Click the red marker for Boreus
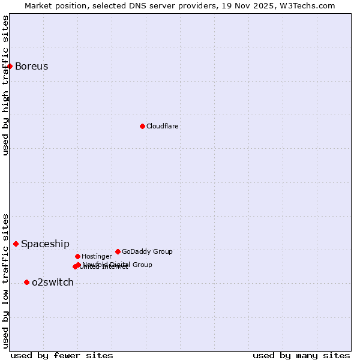(10, 66)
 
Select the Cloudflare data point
(142, 126)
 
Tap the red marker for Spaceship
(16, 244)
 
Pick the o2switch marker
(26, 282)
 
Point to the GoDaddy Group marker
(118, 251)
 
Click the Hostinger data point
(77, 256)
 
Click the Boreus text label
(31, 66)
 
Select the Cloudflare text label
(162, 126)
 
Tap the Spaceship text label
(45, 244)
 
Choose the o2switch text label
(53, 282)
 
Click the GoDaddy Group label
(147, 251)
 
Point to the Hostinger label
(97, 256)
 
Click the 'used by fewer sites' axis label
(62, 355)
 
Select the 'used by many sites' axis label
(301, 355)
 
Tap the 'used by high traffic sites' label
(5, 85)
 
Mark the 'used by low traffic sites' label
(5, 281)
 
